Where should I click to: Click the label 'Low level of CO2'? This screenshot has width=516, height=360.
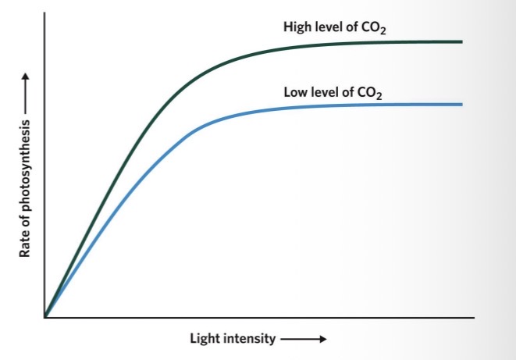[x=336, y=92]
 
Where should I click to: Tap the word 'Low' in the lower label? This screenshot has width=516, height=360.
[x=295, y=92]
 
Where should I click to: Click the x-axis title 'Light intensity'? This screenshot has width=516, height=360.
[x=233, y=339]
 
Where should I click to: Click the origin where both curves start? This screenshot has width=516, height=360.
[x=45, y=317]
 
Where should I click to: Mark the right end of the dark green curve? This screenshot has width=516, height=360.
[x=462, y=41]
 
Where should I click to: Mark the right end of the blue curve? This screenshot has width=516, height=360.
[x=462, y=105]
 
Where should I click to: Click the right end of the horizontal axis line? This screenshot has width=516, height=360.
[x=474, y=318]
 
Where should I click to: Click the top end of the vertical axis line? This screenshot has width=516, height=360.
[x=45, y=14]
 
